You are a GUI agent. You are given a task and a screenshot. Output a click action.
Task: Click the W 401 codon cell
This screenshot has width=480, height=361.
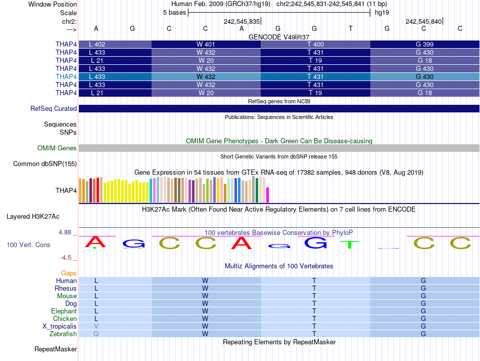[x=206, y=44]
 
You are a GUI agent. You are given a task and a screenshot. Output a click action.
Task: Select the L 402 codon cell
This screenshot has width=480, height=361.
[x=97, y=44]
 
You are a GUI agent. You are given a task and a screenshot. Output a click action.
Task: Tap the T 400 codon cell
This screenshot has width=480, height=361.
[x=315, y=44]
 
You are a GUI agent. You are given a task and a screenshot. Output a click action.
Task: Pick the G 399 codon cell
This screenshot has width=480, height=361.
[x=424, y=44]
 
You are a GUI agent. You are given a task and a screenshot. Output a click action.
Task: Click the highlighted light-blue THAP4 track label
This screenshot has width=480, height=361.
[x=66, y=76]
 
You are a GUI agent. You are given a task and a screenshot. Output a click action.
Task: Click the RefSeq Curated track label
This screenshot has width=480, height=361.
[x=54, y=108]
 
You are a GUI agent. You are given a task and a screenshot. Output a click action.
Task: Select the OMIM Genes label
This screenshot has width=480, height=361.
[x=57, y=148]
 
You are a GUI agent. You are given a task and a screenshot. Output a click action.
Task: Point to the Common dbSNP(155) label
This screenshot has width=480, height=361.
[x=45, y=164]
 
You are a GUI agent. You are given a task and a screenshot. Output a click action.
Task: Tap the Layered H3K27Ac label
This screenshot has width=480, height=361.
[x=33, y=216]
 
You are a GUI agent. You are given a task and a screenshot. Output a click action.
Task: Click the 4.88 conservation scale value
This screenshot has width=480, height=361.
[x=65, y=232]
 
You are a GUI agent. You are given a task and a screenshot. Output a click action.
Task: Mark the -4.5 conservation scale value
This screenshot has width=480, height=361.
[x=67, y=257]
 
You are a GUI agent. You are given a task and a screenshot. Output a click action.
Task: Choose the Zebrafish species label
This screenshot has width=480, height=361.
[x=63, y=334]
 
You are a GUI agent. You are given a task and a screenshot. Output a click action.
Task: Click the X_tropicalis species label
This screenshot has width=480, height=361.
[x=60, y=327]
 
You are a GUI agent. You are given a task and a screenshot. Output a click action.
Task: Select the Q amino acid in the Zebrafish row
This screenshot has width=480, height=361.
[x=96, y=334]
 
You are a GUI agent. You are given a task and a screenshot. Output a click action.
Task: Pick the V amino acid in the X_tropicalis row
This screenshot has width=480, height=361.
[x=96, y=327]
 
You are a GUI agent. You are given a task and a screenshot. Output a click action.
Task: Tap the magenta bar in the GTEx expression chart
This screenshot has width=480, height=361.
[x=268, y=195]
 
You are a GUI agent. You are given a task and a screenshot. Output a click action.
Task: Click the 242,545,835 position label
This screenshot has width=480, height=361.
[x=242, y=21]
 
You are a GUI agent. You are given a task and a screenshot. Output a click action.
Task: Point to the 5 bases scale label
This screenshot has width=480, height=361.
[x=174, y=13]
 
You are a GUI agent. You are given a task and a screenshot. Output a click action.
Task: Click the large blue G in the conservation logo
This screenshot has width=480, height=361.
[x=316, y=243]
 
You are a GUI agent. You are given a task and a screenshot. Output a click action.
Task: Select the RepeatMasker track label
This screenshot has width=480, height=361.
[x=56, y=349]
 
